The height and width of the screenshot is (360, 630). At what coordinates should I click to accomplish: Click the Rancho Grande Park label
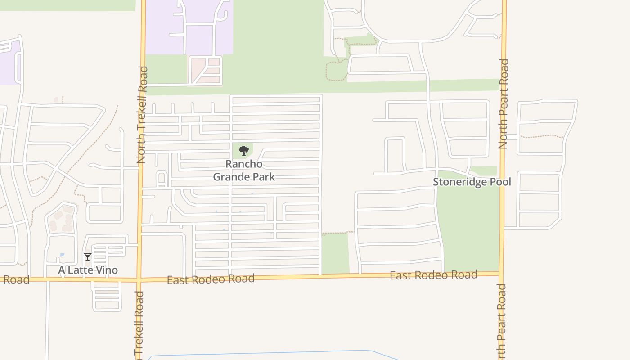[x=244, y=171]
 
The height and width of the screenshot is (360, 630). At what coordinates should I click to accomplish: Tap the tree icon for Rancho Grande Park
[x=244, y=151]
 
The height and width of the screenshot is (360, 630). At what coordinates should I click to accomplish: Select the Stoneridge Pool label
[x=472, y=182]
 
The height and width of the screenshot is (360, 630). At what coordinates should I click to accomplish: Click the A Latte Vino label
[x=88, y=270]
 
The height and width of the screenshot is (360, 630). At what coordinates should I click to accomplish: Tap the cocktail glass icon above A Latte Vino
[x=88, y=257]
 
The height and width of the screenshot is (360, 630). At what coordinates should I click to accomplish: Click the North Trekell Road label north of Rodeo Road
[x=142, y=115]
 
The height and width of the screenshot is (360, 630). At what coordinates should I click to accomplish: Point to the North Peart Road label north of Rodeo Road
[x=503, y=103]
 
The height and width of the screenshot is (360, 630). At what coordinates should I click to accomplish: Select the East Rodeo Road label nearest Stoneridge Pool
[x=433, y=275]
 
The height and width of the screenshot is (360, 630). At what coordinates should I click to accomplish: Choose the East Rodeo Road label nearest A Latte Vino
[x=211, y=279]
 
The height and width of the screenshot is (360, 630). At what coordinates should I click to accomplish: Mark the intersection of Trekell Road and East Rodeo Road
[x=139, y=280]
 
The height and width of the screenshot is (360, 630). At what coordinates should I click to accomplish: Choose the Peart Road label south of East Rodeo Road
[x=501, y=322]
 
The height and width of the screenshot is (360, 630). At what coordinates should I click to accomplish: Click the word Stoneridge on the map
[x=460, y=182]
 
